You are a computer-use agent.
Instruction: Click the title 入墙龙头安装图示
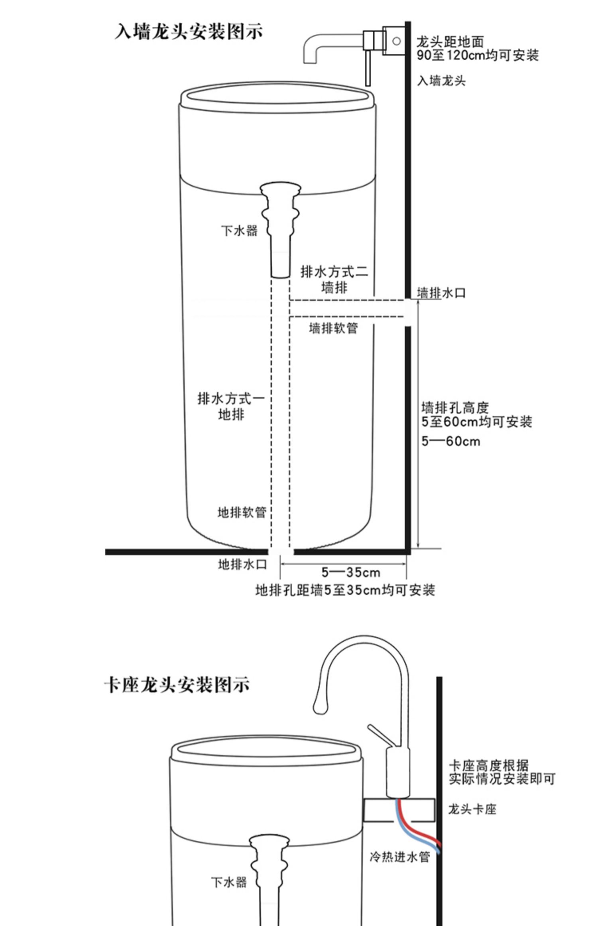(189, 31)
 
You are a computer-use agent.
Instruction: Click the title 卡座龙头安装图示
(177, 685)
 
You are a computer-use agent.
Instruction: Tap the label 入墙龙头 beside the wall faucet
(441, 81)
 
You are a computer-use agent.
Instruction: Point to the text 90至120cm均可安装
(478, 55)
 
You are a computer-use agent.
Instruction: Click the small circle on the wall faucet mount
(396, 41)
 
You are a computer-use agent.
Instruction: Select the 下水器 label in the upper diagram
(240, 231)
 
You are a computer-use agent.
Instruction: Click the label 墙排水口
(441, 293)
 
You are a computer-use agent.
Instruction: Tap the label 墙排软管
(333, 328)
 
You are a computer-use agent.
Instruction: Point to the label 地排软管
(242, 512)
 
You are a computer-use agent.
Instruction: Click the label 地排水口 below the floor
(242, 564)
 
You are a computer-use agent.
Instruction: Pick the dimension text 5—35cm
(351, 572)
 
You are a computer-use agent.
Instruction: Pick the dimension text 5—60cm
(451, 441)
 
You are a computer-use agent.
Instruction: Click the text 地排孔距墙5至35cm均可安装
(345, 590)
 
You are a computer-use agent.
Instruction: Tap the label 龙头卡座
(472, 809)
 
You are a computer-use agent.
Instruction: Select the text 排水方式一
(231, 398)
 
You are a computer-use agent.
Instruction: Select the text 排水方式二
(334, 272)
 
